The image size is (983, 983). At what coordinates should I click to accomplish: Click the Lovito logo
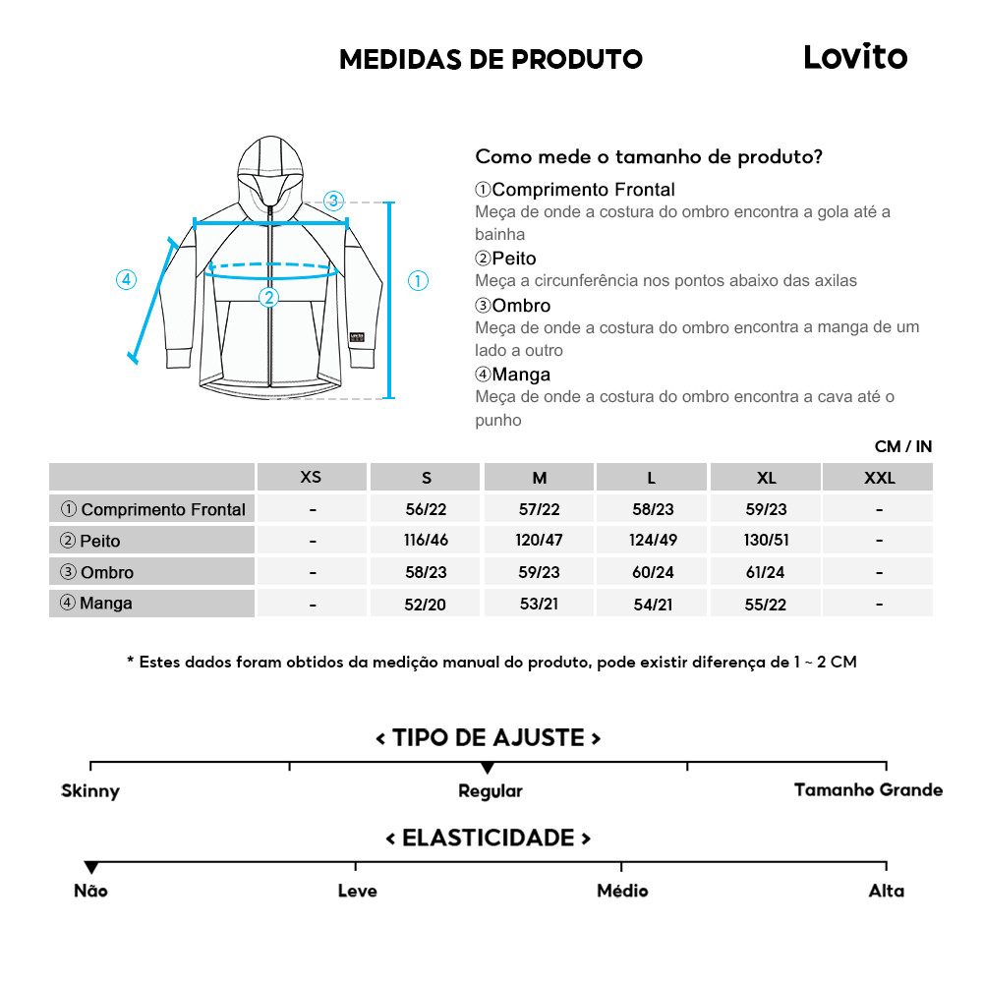tap(855, 57)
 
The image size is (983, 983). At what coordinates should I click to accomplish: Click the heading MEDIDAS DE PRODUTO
tap(491, 59)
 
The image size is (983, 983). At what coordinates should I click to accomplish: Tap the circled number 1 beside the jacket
tap(418, 281)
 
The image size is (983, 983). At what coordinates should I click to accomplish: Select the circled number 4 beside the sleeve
tap(126, 279)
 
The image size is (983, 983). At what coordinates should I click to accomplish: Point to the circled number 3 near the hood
tap(333, 201)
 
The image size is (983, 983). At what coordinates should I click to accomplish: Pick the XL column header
tap(767, 478)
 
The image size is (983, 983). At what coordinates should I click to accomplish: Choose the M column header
tap(540, 478)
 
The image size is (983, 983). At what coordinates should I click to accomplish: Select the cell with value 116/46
tap(426, 541)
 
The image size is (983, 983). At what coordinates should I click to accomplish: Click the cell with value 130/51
tap(767, 541)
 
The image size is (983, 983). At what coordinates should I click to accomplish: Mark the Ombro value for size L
tap(653, 572)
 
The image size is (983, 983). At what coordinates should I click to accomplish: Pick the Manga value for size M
tap(540, 604)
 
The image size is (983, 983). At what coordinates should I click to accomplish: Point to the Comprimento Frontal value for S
tap(426, 509)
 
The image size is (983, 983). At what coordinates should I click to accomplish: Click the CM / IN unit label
tap(902, 446)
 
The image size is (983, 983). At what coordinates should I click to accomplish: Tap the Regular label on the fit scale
tap(491, 791)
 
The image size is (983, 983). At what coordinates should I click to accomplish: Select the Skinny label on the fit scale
tap(90, 791)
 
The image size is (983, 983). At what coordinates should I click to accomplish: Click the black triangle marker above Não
tap(91, 867)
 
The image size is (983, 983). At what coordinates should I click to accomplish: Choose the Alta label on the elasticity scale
tap(886, 892)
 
